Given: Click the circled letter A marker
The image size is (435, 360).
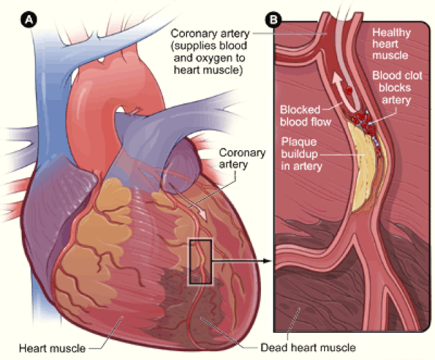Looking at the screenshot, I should click(x=31, y=20).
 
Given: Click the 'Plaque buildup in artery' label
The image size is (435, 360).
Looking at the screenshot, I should click(x=307, y=154).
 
